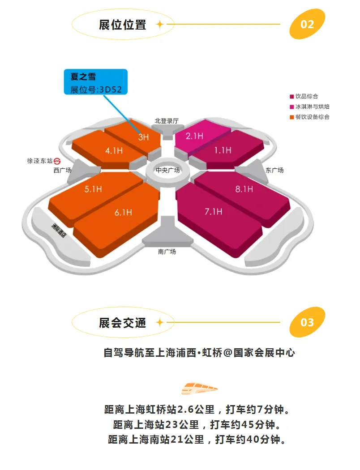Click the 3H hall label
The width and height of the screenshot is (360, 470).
click(143, 137)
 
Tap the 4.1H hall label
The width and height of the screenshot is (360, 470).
click(114, 151)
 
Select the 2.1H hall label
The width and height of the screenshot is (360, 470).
click(195, 136)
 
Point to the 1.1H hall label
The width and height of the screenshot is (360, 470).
click(223, 150)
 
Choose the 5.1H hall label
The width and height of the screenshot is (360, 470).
click(93, 189)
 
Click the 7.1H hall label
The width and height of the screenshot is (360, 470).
click(213, 212)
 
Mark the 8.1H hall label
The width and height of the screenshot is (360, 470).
click(244, 189)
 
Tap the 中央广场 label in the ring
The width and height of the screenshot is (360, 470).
click(168, 170)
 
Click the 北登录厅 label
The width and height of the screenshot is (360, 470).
click(167, 121)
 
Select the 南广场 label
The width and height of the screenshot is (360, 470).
click(167, 252)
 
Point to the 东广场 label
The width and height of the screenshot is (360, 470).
click(274, 170)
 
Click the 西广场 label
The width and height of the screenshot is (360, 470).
click(62, 170)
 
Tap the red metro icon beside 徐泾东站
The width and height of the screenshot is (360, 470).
click(57, 161)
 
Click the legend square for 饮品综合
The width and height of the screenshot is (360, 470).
click(291, 96)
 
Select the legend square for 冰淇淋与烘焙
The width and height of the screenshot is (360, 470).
click(291, 107)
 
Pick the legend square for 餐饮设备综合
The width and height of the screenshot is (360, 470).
click(291, 117)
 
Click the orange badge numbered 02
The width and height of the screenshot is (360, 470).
click(307, 24)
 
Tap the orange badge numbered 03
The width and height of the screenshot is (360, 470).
click(307, 322)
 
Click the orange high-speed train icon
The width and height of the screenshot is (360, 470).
click(199, 388)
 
